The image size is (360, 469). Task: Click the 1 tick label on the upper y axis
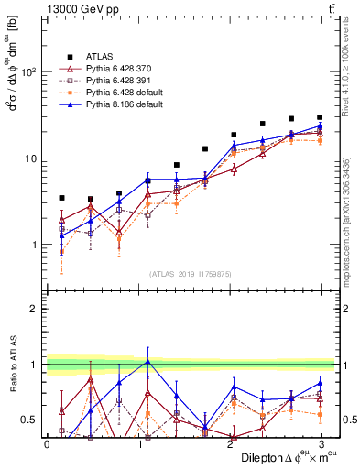coord(36,245)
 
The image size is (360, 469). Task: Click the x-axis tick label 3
coord(320,443)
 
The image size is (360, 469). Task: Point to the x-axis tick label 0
coord(47,443)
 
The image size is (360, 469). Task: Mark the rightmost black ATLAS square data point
coord(320,117)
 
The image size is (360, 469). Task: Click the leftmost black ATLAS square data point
coord(61,198)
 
